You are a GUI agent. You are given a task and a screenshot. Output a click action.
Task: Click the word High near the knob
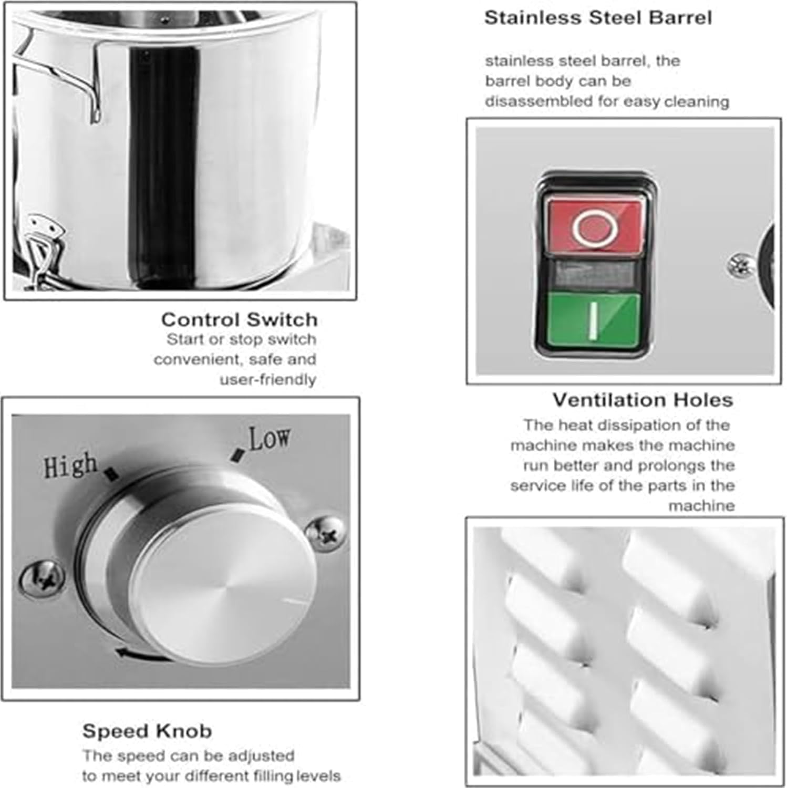[70, 465]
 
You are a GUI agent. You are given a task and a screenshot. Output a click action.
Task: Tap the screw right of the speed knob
[326, 534]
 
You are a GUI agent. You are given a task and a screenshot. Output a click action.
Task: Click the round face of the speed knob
[223, 594]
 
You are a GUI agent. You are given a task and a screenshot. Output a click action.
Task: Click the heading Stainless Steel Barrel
[598, 17]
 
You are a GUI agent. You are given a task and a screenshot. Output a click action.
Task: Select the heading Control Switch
[240, 319]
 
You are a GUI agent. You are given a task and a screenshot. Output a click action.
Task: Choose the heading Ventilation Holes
[643, 400]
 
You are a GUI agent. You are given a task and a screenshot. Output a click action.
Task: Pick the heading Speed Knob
[147, 731]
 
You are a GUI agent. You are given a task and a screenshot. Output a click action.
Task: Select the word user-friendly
[268, 380]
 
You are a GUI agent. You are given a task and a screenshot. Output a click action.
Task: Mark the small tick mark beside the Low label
[239, 455]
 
